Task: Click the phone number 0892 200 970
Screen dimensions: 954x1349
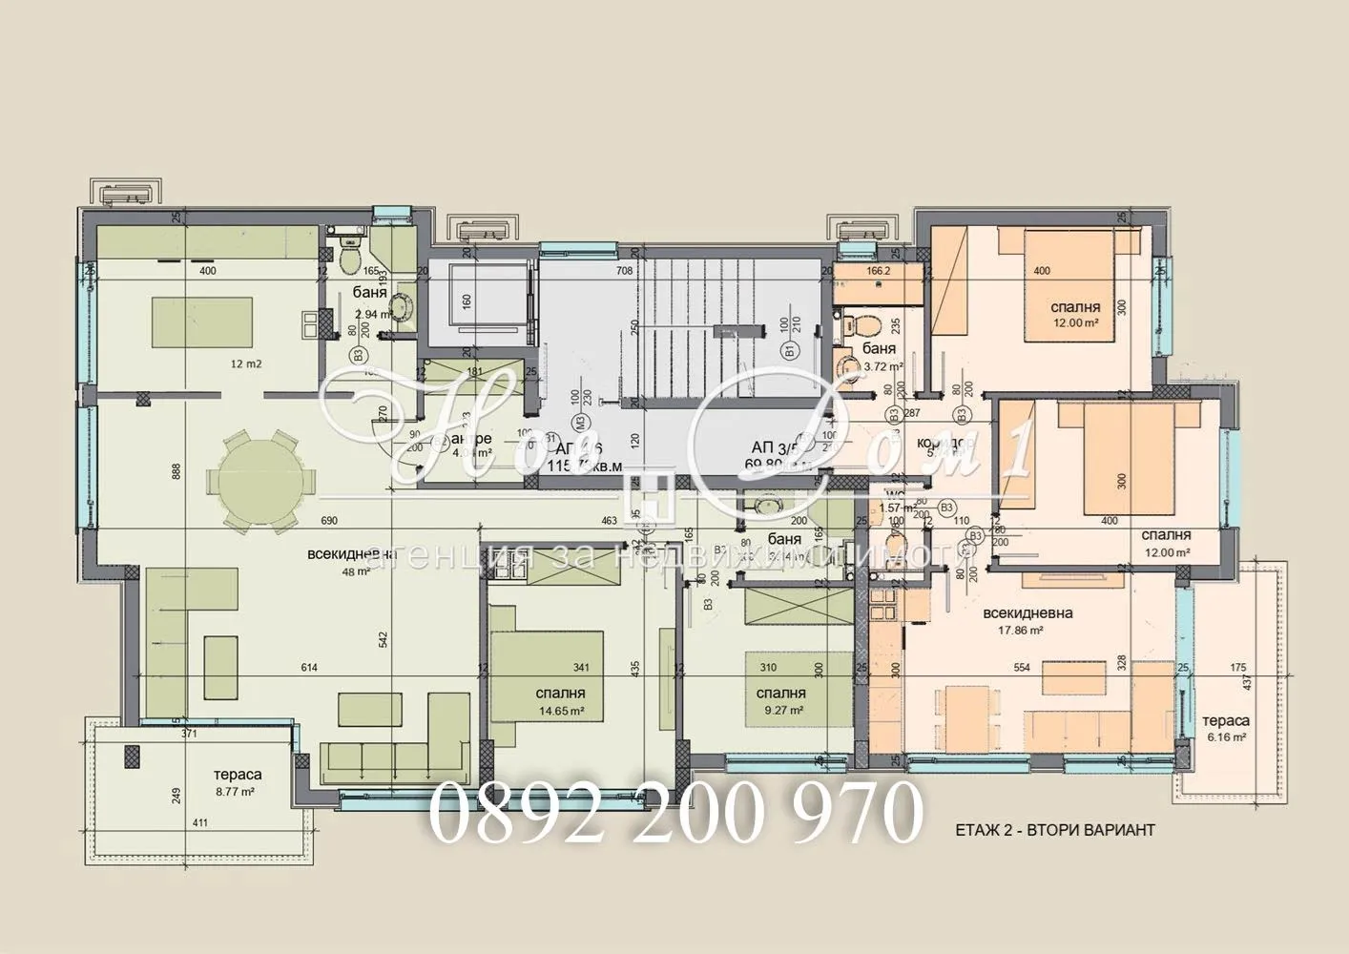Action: [675, 813]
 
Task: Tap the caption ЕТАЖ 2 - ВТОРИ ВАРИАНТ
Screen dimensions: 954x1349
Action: [1054, 830]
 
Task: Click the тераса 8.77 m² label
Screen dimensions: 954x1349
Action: [238, 783]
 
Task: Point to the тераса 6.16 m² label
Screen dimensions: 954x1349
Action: [1225, 729]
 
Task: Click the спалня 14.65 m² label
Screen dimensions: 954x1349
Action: [561, 701]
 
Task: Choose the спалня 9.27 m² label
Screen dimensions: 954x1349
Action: [780, 701]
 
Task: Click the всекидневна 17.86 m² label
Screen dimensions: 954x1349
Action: [1027, 621]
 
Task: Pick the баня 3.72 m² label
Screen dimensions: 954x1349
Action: [879, 357]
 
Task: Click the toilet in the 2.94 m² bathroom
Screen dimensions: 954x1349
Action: [349, 255]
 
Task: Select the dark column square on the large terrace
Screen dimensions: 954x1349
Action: [133, 757]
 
